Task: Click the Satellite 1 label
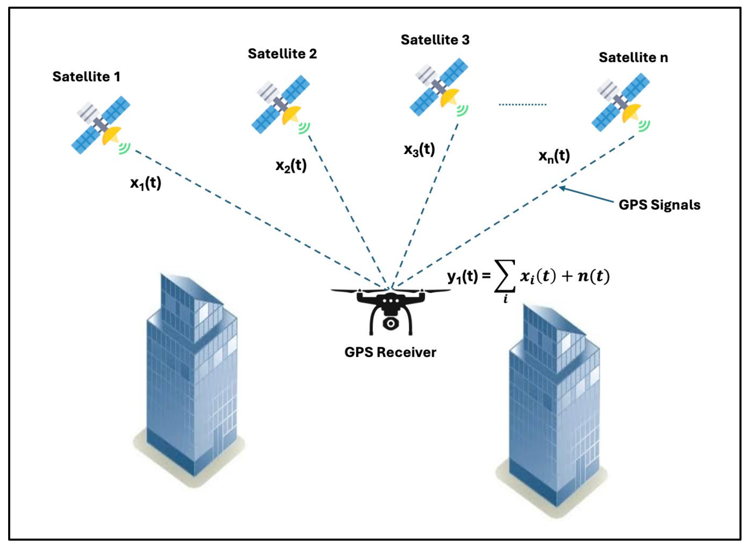point(86,77)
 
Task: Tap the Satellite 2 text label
point(282,54)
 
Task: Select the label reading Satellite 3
point(435,40)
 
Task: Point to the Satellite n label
point(633,58)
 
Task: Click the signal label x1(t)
point(145,183)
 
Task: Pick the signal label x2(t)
point(291,166)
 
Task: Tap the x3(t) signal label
point(419,150)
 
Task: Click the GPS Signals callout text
point(659,205)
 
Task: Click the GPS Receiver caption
point(390,352)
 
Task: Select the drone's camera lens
point(391,323)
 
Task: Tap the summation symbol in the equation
point(505,276)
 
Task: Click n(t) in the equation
point(594,276)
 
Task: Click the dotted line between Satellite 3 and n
point(523,105)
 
